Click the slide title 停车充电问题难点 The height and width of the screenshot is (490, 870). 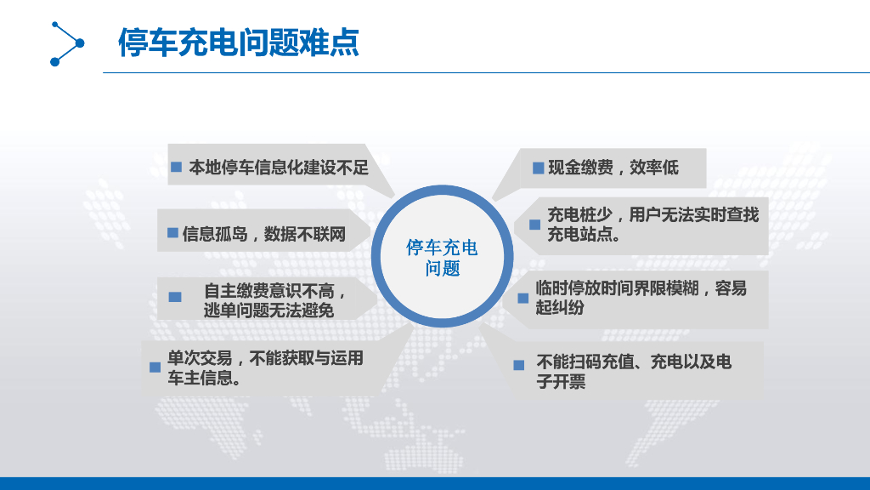[x=239, y=43]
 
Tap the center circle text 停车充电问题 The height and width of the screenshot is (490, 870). [x=442, y=258]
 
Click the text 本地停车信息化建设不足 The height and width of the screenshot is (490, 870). [x=279, y=167]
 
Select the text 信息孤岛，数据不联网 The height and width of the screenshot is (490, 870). [x=264, y=233]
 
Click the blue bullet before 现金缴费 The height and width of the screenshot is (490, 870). [x=538, y=168]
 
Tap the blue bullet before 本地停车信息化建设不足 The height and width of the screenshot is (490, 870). [x=177, y=167]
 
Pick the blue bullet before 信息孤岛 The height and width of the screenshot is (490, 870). [x=172, y=233]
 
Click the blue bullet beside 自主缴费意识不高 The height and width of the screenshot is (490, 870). [x=175, y=297]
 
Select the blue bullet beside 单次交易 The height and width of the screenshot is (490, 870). [x=155, y=367]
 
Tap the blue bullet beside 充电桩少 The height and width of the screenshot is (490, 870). [x=534, y=225]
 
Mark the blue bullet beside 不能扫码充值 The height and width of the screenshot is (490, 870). [x=518, y=365]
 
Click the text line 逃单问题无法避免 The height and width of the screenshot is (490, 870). [x=268, y=311]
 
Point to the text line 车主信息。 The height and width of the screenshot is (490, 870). [x=203, y=379]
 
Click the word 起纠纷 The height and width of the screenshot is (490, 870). [x=560, y=308]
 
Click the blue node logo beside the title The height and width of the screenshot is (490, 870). [x=67, y=43]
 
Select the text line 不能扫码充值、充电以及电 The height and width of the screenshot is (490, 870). [x=633, y=362]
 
